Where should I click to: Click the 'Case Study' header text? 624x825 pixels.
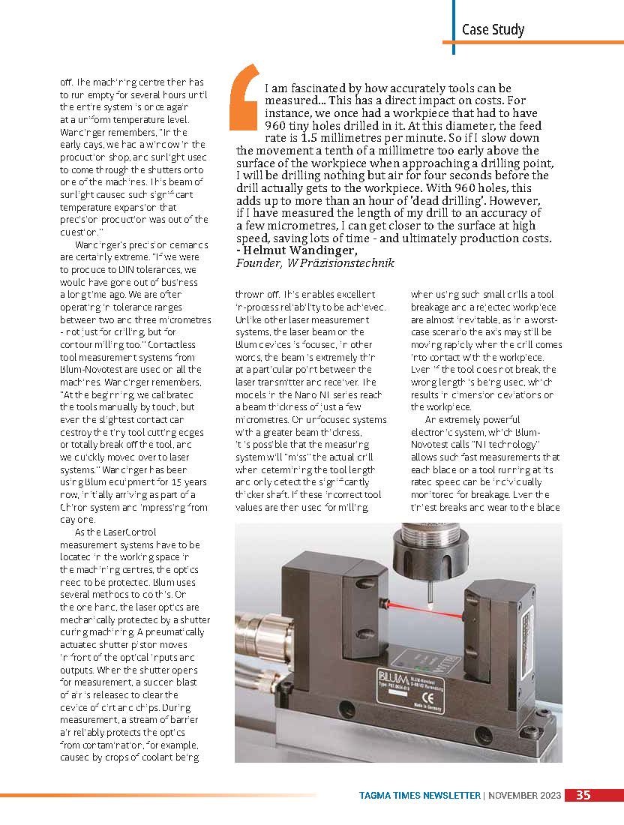click(x=493, y=30)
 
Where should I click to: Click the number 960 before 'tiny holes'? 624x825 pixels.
click(x=277, y=126)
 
